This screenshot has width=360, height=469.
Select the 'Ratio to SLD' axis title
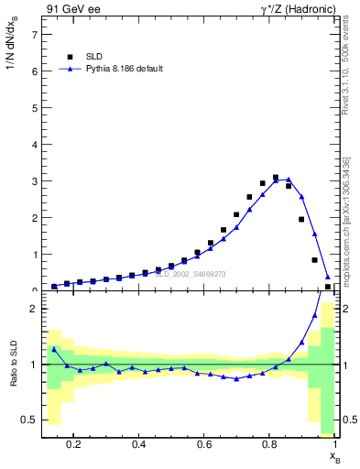12,377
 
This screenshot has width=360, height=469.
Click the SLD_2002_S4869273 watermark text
190,273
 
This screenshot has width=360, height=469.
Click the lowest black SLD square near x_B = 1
328,287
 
